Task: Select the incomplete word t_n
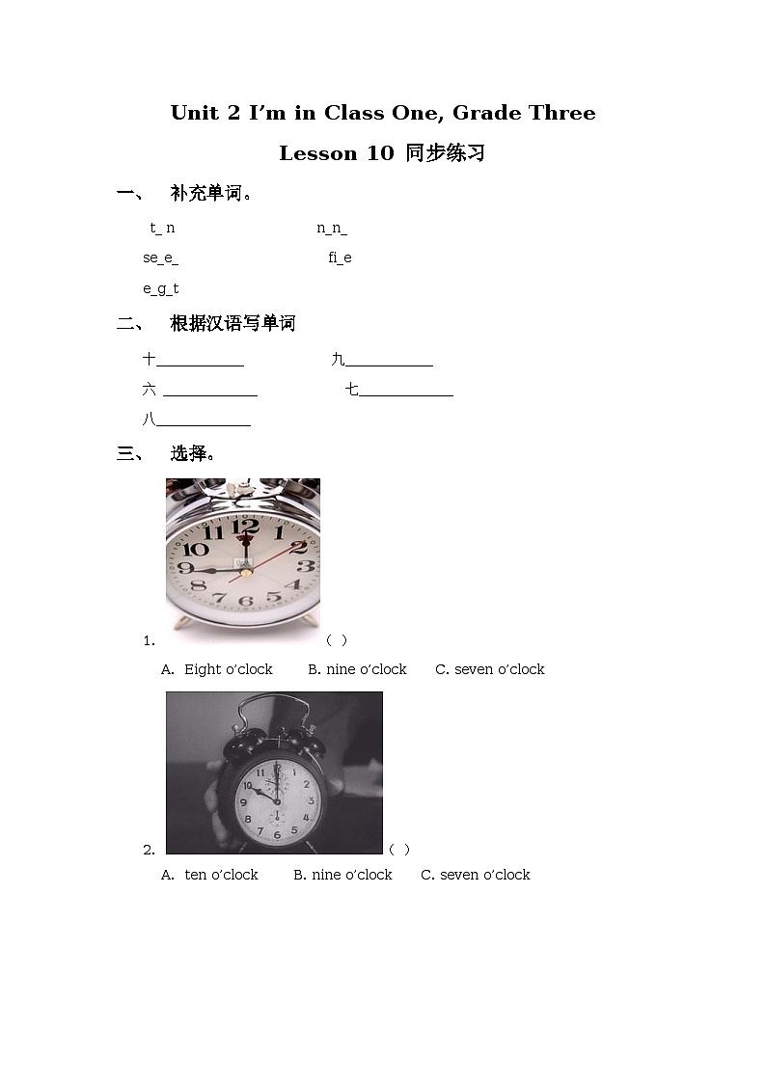coord(162,229)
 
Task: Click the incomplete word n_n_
coord(332,229)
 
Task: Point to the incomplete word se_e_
coord(160,257)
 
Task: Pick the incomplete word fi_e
coord(340,257)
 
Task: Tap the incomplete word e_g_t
coord(161,288)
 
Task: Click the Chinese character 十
coord(150,360)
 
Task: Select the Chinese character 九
coord(338,360)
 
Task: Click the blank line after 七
coord(405,393)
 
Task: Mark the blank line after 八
coord(203,423)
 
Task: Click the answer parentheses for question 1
coord(337,639)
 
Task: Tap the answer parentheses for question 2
coord(399,849)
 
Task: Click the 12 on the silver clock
coord(245,527)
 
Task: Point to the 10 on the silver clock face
coord(196,549)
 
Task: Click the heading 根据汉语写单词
coord(233,324)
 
